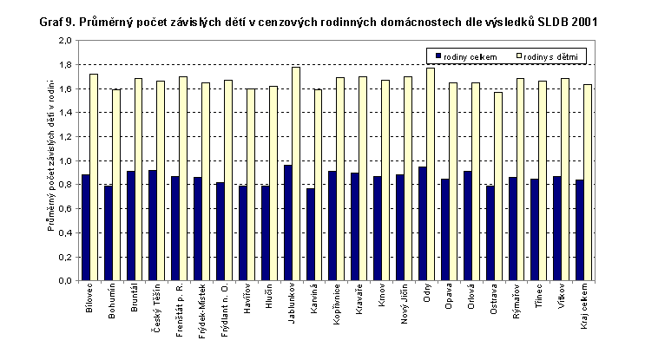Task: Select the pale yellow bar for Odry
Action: click(430, 174)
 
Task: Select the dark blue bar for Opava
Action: click(444, 230)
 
